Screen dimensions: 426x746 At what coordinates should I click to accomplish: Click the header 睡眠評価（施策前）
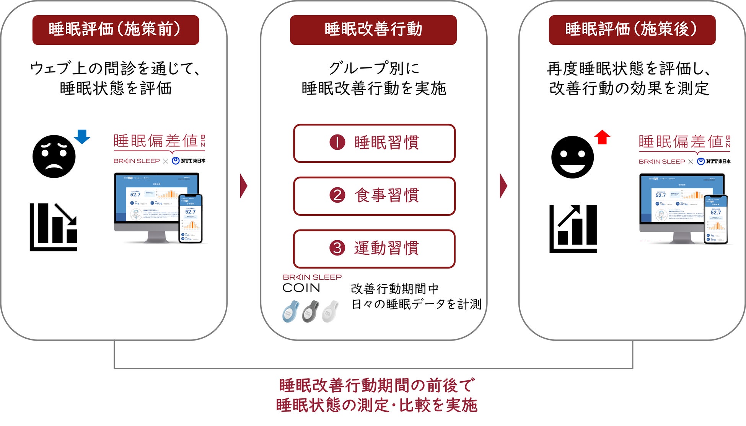[x=116, y=30]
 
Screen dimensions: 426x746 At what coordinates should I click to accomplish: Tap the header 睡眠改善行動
[x=373, y=30]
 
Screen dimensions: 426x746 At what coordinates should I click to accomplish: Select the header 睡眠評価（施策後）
[x=632, y=30]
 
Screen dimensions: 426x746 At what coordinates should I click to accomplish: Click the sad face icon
[x=54, y=156]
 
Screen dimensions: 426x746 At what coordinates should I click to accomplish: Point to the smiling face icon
[x=572, y=157]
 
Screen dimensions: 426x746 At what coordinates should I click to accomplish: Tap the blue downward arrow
[x=82, y=136]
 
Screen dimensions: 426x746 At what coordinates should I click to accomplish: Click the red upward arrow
[x=602, y=137]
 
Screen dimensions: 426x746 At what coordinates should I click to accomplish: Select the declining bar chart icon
[x=54, y=227]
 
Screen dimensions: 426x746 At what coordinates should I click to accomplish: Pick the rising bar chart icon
[x=573, y=229]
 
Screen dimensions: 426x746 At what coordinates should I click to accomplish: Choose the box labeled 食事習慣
[x=374, y=196]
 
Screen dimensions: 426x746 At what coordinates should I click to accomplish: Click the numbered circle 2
[x=337, y=195]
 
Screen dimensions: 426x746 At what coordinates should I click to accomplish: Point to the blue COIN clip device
[x=291, y=311]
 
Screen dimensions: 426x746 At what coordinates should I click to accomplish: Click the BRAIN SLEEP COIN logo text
[x=312, y=283]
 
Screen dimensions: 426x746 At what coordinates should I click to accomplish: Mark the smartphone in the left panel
[x=191, y=218]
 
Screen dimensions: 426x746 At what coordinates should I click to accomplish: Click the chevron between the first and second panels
[x=244, y=186]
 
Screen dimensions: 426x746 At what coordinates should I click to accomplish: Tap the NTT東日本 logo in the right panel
[x=714, y=161]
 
